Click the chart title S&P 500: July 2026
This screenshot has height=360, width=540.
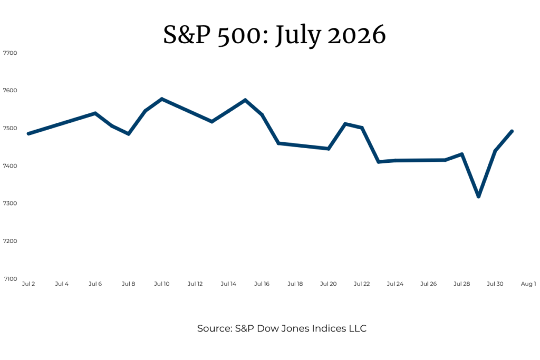(x=274, y=35)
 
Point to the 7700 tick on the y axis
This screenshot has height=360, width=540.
(x=10, y=53)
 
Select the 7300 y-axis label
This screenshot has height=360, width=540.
(x=10, y=203)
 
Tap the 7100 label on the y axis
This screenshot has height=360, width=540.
(x=11, y=279)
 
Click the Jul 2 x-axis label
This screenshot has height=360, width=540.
(x=28, y=284)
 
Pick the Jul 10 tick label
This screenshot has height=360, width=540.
(x=162, y=284)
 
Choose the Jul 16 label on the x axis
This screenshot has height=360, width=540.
(x=262, y=284)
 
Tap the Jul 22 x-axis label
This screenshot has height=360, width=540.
(x=362, y=284)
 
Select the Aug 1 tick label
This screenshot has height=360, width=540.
(x=528, y=284)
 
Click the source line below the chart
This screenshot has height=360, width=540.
(x=282, y=328)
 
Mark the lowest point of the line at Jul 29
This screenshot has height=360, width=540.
(x=478, y=197)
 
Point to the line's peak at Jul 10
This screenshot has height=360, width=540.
(x=162, y=99)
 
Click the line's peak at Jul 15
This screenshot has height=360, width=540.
(x=245, y=100)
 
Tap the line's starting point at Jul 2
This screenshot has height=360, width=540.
(x=28, y=133)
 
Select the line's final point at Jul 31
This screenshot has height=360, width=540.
(x=512, y=131)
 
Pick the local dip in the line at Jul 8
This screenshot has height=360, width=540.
(x=129, y=134)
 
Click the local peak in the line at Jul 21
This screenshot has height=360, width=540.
(x=345, y=123)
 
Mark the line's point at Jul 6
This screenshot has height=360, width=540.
(x=95, y=113)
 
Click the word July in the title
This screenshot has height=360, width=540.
(x=298, y=36)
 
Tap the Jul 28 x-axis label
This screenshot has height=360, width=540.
(x=461, y=284)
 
